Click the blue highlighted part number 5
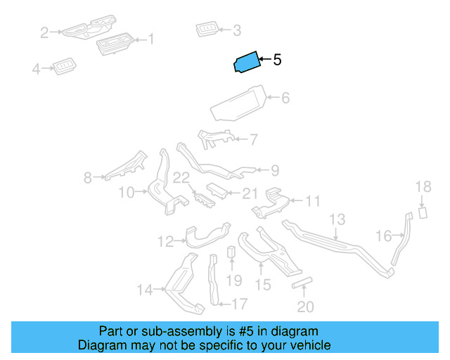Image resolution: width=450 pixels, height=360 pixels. pos(247,62)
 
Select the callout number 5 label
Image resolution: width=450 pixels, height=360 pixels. pos(277,60)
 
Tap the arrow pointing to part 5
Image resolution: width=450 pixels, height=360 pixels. pos(266,60)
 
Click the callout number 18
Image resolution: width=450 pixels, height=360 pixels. pos(423,186)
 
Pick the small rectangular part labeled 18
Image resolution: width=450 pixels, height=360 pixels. pos(423,213)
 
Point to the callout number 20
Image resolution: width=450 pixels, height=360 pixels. pos(305,307)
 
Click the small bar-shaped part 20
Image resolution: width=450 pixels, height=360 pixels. pos(302,283)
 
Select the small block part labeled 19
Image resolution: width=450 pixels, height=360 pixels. pos(231,252)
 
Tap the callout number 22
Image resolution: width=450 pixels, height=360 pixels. pos(181,178)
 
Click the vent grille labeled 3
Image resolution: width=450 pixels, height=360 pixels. pos(207,29)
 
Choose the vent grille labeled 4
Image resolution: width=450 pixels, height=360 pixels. pos(64,67)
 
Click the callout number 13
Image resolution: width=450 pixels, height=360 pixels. pos(337,219)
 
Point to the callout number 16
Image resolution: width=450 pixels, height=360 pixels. pos(384,236)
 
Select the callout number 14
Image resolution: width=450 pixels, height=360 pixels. pos(145,290)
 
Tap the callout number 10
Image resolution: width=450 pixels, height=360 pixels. pos(127,193)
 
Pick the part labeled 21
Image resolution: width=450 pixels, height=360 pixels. pos(217,191)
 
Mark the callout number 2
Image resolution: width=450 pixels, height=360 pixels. pos(44,33)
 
